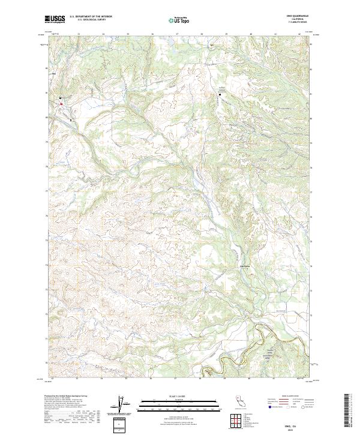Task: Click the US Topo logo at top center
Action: [x=180, y=19]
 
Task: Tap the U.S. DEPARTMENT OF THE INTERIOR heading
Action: [x=91, y=17]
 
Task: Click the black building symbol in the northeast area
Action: [x=220, y=94]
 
